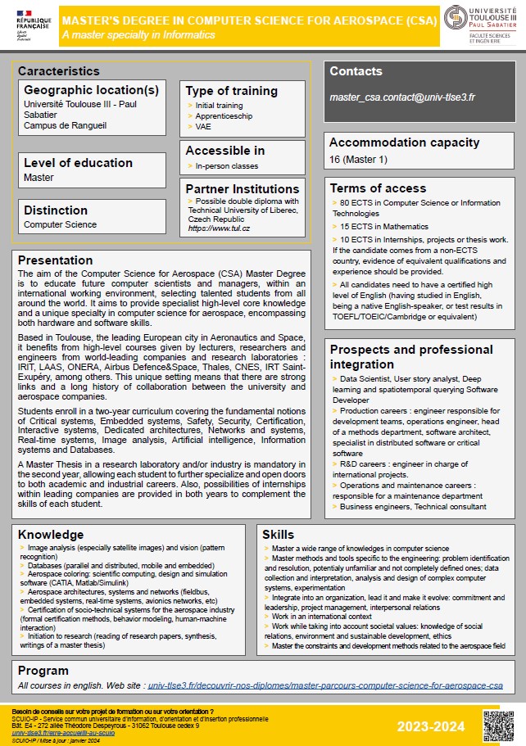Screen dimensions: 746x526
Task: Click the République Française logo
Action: (32, 24)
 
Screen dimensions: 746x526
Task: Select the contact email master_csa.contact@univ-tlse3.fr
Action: (402, 97)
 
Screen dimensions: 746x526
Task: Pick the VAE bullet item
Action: (203, 127)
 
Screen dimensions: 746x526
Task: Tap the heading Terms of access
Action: (378, 188)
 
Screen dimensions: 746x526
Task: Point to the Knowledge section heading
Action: (51, 535)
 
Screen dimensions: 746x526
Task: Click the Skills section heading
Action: (279, 535)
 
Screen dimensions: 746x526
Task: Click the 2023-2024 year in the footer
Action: (431, 726)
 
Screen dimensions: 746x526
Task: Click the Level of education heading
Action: (78, 163)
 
